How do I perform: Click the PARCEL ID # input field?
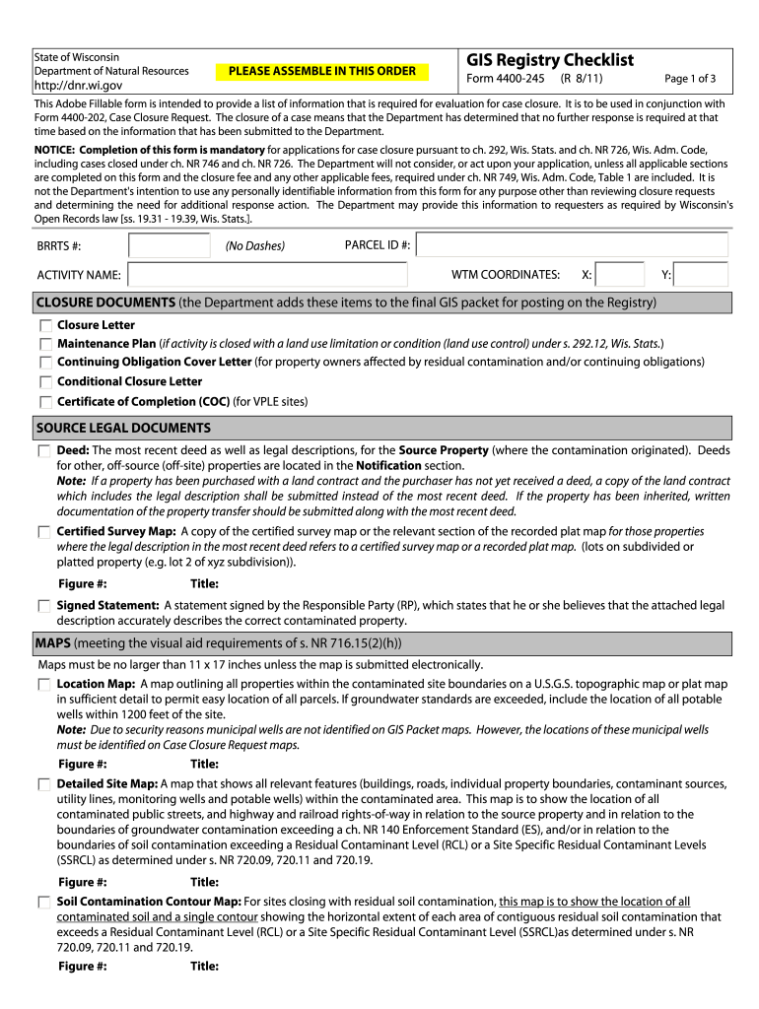point(573,245)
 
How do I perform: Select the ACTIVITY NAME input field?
point(281,275)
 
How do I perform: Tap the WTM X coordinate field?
point(620,275)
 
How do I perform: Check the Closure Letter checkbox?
point(45,325)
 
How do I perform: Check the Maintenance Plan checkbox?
point(45,344)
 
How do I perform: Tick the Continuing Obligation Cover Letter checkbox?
point(45,363)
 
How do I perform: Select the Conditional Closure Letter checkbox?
point(45,382)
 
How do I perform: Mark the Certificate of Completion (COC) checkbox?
point(45,402)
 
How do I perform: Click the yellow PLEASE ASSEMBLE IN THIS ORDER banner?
point(322,71)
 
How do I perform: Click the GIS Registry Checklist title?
point(549,60)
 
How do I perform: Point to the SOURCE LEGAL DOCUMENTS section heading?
point(123,429)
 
